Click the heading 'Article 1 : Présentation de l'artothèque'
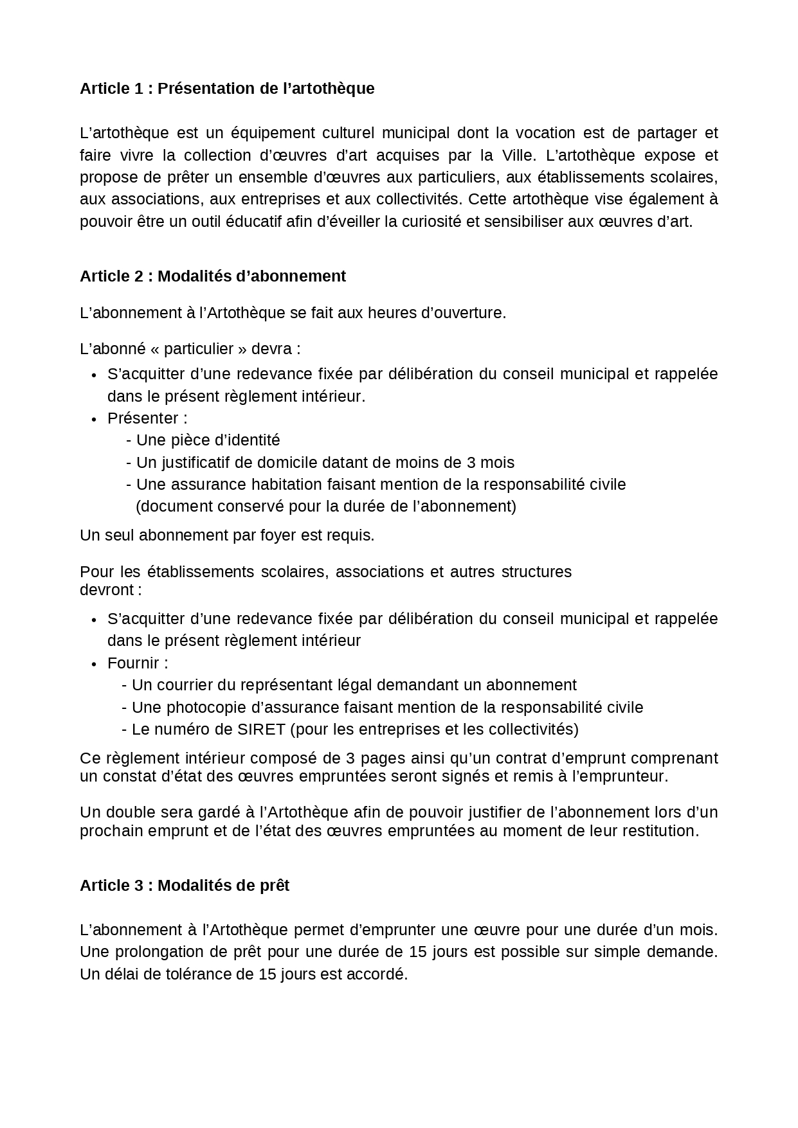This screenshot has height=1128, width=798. click(226, 89)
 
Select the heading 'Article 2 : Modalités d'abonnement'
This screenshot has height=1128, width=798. click(212, 276)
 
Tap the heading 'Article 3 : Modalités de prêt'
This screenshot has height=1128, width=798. click(185, 886)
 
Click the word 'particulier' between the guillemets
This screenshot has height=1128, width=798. click(198, 349)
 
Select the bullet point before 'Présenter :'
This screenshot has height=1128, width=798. click(94, 420)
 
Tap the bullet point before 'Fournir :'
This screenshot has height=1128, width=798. click(94, 665)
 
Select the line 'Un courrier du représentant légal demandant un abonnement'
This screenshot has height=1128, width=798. click(354, 686)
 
